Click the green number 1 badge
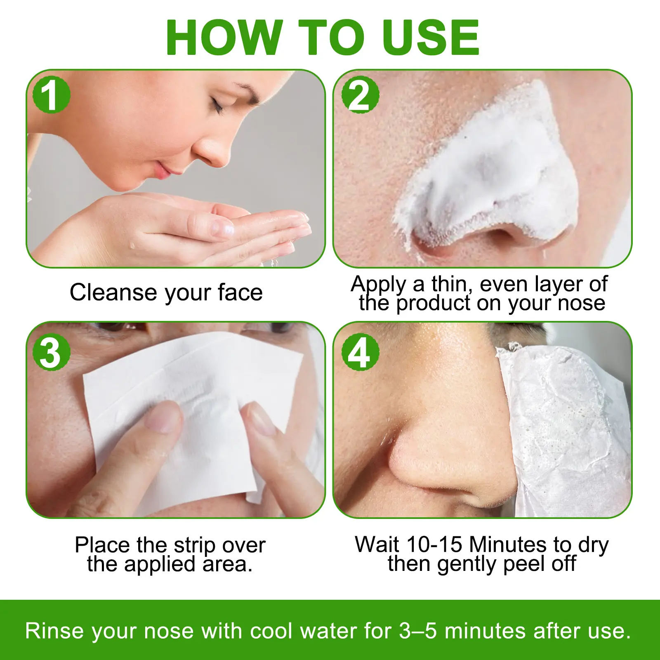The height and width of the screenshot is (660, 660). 52,95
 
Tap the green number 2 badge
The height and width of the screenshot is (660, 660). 360,95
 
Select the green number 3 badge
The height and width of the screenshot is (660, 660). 52,352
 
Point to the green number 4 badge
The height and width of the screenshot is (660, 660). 360,352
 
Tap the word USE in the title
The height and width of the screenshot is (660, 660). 430,37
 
